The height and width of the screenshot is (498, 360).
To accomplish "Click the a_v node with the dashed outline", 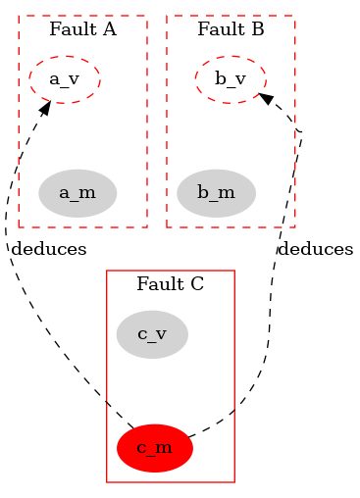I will click(65, 79).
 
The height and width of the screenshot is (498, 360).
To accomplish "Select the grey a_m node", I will click(77, 192).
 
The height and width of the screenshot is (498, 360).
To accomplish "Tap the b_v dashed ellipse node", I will click(231, 79).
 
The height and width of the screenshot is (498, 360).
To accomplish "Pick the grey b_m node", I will click(216, 192).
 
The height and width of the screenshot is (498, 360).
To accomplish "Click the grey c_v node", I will click(151, 334).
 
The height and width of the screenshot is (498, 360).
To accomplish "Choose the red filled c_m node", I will click(155, 448).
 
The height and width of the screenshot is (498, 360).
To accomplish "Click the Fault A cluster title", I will click(82, 29).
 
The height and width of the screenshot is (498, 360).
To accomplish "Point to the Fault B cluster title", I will click(231, 29).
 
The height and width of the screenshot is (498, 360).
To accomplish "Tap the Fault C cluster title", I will click(170, 285).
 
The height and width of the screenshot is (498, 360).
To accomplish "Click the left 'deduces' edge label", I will click(48, 249).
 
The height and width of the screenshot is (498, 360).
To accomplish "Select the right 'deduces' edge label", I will click(315, 249).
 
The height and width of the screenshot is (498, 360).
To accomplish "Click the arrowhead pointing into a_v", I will click(45, 104).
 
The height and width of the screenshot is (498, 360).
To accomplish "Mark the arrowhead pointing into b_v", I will click(264, 98).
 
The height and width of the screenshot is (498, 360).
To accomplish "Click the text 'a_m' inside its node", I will click(77, 192).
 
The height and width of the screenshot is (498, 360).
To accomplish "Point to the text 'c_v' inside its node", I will click(151, 334).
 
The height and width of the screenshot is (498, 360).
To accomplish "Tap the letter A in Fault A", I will click(109, 29).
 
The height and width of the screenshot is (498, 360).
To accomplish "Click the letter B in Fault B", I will click(258, 29).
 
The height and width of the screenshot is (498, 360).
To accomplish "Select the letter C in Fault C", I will click(197, 285).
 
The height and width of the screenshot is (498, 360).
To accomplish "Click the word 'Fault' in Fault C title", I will click(158, 285).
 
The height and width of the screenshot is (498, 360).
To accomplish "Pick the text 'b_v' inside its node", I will click(231, 79).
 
